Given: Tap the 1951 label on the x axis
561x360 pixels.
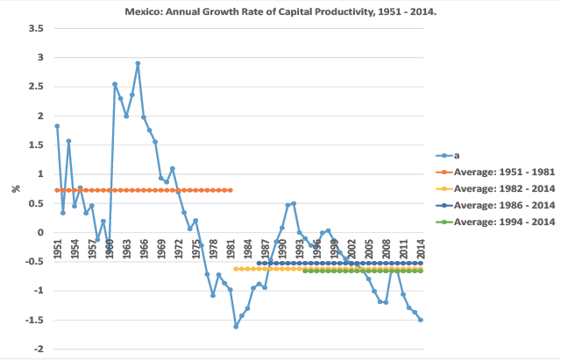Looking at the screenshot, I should pyautogui.click(x=57, y=249).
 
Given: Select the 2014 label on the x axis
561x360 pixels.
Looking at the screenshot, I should pyautogui.click(x=421, y=249).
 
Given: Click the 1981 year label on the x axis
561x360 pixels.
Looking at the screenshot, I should pyautogui.click(x=231, y=249).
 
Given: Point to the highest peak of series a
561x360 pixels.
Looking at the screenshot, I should pyautogui.click(x=138, y=63).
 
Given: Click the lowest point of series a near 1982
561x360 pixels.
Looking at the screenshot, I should pyautogui.click(x=236, y=327).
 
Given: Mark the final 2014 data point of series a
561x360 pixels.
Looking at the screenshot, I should pyautogui.click(x=421, y=320).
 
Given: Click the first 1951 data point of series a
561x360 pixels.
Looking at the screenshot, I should pyautogui.click(x=57, y=126).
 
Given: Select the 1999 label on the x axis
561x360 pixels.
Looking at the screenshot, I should pyautogui.click(x=334, y=249).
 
